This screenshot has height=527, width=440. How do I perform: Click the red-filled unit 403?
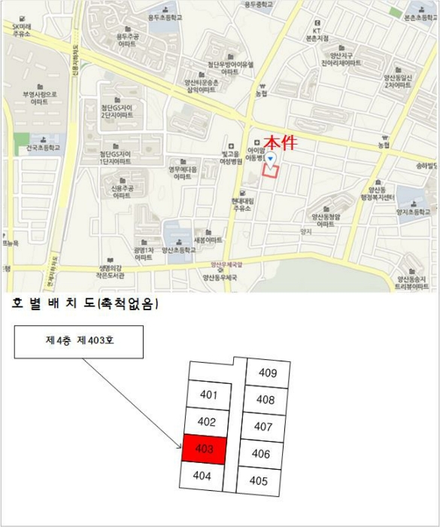(203, 449)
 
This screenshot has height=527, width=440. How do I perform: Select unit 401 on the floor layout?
(209, 394)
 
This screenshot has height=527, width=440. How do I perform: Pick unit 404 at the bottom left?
(202, 475)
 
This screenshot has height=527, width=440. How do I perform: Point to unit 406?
(261, 453)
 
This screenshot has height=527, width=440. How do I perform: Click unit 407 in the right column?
(262, 427)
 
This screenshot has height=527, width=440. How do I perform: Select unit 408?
(265, 400)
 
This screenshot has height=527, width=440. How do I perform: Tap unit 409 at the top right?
(267, 373)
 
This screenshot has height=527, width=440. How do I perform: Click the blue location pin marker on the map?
(272, 159)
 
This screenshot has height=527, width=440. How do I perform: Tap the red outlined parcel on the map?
(271, 170)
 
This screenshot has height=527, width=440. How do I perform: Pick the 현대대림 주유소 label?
(241, 206)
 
